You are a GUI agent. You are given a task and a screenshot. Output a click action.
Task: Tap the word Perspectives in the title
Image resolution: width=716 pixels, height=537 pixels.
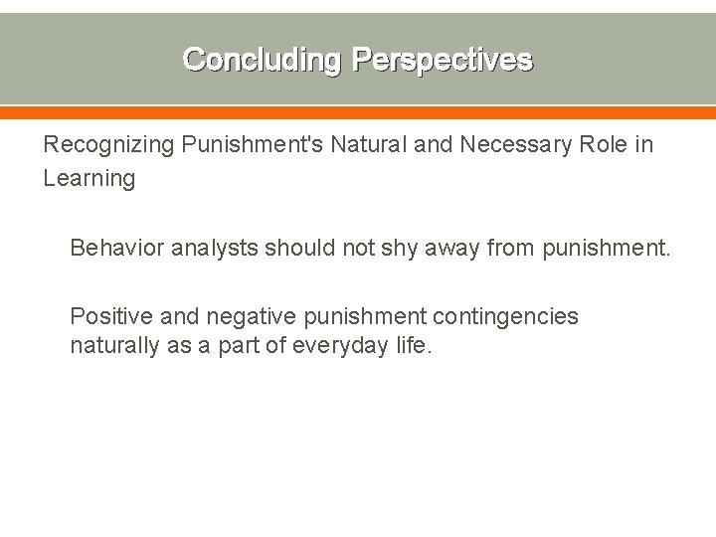(442, 60)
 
